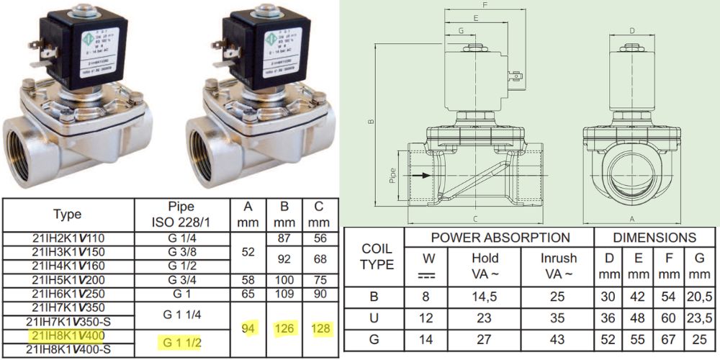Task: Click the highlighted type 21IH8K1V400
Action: pyautogui.click(x=68, y=336)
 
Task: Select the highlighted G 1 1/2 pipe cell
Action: pyautogui.click(x=183, y=341)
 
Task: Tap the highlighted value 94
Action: pyautogui.click(x=249, y=328)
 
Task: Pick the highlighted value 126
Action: pyautogui.click(x=284, y=328)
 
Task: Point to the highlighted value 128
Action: pyautogui.click(x=320, y=328)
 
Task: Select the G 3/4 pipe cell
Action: pyautogui.click(x=183, y=280)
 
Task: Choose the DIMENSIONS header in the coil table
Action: pyautogui.click(x=654, y=237)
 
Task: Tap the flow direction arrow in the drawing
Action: pyautogui.click(x=426, y=175)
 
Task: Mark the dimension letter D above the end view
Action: pyautogui.click(x=631, y=30)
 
